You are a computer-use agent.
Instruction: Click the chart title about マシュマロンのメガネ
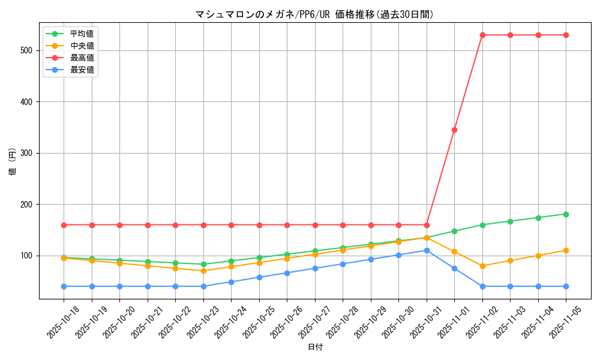click(314, 14)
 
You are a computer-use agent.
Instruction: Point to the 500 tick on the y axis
click(28, 50)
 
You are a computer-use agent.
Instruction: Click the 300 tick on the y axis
click(28, 153)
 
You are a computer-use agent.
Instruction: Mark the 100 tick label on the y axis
click(28, 256)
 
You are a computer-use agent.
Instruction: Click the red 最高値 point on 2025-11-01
click(454, 130)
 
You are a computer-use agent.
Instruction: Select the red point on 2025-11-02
click(482, 35)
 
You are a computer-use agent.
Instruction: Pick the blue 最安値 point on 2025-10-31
click(427, 250)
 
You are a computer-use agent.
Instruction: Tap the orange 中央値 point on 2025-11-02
click(482, 266)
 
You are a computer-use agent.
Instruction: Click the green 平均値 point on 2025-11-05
click(566, 214)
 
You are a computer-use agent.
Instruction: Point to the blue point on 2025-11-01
click(454, 268)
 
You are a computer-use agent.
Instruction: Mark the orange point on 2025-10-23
click(203, 271)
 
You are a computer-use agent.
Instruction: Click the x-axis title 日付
click(314, 347)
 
